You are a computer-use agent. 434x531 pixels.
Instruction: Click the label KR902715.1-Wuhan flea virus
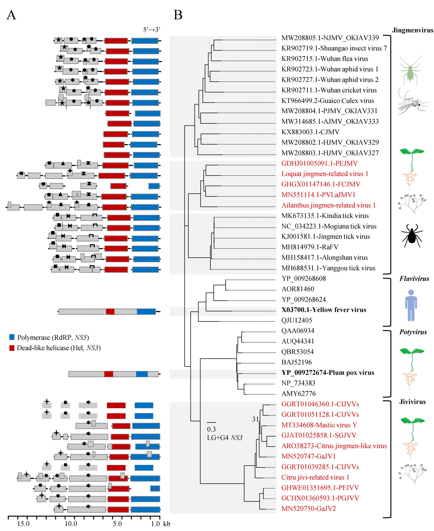point(324,59)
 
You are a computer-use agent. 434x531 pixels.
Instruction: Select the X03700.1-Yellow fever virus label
point(324,310)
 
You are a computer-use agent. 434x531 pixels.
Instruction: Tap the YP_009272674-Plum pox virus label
point(327,373)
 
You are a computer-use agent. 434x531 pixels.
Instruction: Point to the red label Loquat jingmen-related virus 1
point(325,174)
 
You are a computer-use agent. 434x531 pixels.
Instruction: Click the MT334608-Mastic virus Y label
point(319,425)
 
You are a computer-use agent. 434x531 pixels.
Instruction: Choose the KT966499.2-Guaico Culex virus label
point(327,101)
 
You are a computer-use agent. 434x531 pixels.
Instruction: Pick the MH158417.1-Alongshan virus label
point(324,258)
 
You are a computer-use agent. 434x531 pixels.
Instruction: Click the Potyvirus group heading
point(413,332)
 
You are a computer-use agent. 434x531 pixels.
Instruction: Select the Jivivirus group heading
point(412,402)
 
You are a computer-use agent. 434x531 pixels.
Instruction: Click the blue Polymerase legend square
point(12,337)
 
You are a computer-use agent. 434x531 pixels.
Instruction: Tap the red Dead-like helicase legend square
point(12,348)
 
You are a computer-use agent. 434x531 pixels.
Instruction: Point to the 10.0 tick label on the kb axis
point(71,524)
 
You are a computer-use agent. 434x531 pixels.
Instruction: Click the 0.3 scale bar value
point(211,429)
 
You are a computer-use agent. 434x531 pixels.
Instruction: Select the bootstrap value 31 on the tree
point(255,419)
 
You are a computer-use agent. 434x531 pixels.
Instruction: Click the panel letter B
point(178,15)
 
